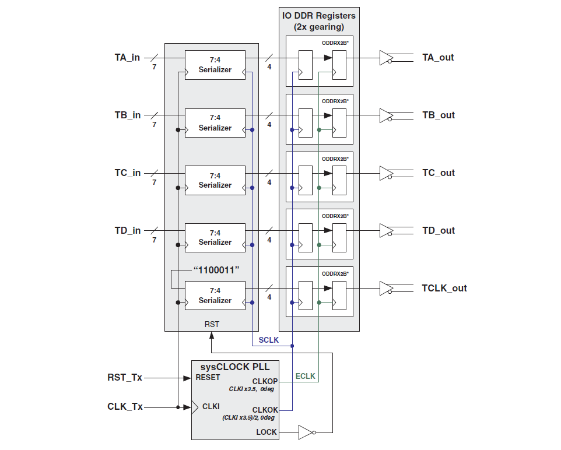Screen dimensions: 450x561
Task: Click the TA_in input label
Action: tap(127, 58)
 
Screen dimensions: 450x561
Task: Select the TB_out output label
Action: tap(439, 115)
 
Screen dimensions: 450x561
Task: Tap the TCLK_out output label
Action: tap(444, 289)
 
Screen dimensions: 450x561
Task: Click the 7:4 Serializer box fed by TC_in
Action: tap(215, 180)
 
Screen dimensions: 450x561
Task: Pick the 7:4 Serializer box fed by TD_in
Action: tap(215, 237)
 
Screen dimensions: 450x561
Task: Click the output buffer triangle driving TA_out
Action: tap(385, 58)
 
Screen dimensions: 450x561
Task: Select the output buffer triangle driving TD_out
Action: tap(385, 231)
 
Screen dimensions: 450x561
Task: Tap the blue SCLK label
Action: tap(269, 340)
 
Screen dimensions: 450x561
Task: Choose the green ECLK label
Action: tap(306, 376)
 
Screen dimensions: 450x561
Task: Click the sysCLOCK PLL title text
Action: tap(235, 367)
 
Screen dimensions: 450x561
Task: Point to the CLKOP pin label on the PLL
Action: tap(265, 381)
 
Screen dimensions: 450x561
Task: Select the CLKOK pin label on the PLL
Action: tap(265, 410)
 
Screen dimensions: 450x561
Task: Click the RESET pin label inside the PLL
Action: tap(208, 377)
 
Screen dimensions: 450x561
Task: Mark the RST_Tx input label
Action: tap(125, 378)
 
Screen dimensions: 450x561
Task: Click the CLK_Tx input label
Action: tap(125, 407)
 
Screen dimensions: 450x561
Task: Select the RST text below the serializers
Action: tap(212, 324)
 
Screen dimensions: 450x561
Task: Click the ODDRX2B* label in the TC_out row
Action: tap(335, 159)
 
